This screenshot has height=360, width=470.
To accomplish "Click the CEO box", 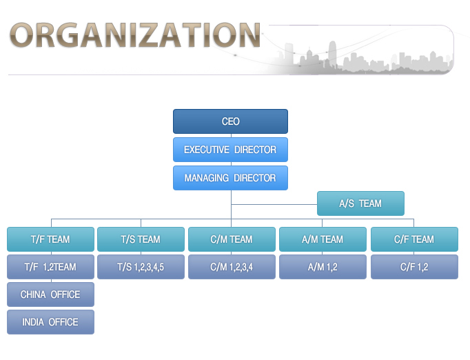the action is click(x=230, y=121).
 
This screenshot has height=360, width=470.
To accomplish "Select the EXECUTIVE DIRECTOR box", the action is click(x=230, y=150).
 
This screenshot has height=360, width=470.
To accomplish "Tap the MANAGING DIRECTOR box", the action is click(x=230, y=178).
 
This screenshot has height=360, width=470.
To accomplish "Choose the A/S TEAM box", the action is click(x=360, y=203).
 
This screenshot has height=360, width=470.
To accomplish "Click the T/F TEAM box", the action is click(x=51, y=239).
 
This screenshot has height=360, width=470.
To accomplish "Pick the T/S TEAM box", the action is click(x=141, y=239).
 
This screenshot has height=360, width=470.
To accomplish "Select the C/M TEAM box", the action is click(x=232, y=239).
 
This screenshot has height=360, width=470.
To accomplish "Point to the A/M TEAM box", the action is click(x=323, y=239).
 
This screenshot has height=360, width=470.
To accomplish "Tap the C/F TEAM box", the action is click(x=415, y=239).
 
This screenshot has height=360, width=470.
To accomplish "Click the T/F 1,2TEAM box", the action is click(x=51, y=267).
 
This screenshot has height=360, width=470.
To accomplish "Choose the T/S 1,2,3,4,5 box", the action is click(x=141, y=267).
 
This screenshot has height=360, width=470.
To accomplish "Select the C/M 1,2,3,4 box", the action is click(x=232, y=267).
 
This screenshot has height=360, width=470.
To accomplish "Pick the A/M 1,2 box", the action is click(x=323, y=267).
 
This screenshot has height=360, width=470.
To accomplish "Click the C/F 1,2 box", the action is click(x=415, y=267).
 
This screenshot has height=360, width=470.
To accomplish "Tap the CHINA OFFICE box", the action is click(x=51, y=294).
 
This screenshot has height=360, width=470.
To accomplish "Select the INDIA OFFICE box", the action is click(x=51, y=322).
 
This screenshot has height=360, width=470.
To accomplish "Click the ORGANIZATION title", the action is click(x=135, y=35).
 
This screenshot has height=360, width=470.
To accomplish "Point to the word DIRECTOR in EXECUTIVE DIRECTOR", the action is click(x=256, y=150).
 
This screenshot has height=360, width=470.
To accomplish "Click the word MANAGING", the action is click(x=207, y=178).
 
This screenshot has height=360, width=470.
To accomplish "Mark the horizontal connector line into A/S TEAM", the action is click(x=274, y=204).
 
